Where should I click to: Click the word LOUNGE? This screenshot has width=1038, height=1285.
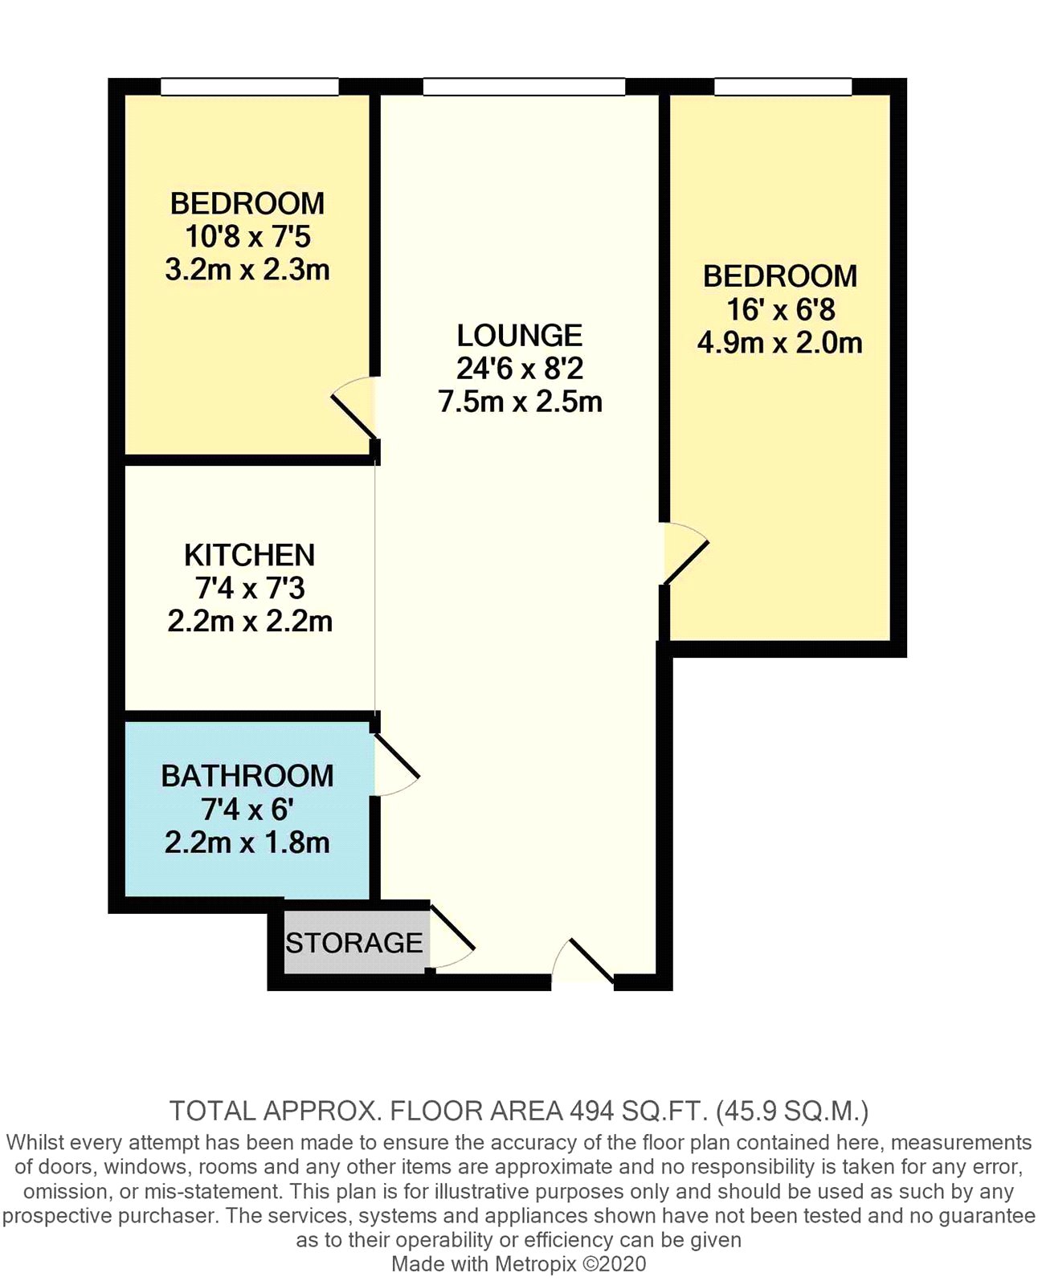(x=519, y=336)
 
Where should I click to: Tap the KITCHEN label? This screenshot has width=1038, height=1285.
(x=249, y=555)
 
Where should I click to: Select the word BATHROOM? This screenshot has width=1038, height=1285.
(x=247, y=776)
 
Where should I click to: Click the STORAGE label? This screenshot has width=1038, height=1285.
(x=353, y=943)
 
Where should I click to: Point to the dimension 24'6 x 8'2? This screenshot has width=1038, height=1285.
(x=520, y=369)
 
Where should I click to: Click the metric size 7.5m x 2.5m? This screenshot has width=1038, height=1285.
(x=521, y=402)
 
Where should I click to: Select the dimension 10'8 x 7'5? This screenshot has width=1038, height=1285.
(x=247, y=236)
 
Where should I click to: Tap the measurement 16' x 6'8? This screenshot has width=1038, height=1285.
(x=780, y=310)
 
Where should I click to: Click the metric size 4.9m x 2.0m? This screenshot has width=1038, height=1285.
(x=780, y=343)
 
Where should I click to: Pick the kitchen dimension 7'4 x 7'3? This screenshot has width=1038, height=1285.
(x=250, y=588)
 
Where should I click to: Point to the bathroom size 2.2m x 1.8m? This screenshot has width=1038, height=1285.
(x=247, y=842)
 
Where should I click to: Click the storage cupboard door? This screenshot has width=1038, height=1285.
(x=452, y=937)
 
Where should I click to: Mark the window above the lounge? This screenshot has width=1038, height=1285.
(x=523, y=87)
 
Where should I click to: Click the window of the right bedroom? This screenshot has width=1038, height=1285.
(x=783, y=87)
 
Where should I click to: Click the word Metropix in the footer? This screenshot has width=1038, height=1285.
(x=535, y=1264)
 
